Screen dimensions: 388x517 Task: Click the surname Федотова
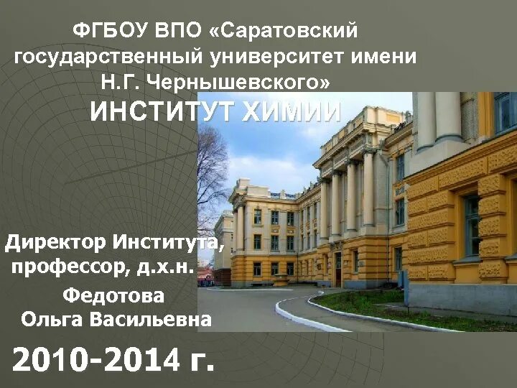click(x=113, y=295)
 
